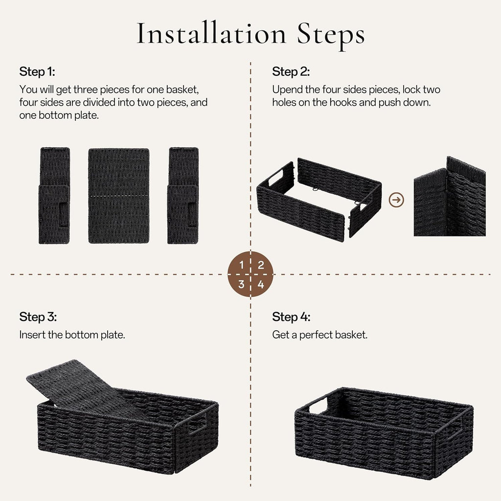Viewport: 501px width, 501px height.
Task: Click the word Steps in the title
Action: (x=331, y=35)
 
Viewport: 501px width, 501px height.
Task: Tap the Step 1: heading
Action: (x=37, y=71)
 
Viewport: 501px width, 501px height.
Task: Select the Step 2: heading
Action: (x=291, y=71)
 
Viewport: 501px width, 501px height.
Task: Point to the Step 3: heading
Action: (x=38, y=317)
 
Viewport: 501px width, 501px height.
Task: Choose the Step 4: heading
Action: (x=291, y=317)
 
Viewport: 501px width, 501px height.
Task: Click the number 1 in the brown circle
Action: (x=242, y=265)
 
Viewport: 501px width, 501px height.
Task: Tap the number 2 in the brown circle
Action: (x=261, y=265)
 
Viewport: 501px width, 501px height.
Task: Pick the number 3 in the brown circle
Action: (x=241, y=284)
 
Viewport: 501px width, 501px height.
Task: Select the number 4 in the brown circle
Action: (x=261, y=284)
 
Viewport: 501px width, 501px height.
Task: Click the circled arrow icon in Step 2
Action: (x=396, y=200)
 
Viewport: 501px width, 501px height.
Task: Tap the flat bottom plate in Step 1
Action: (x=119, y=196)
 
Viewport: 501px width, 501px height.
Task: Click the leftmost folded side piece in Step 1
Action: (x=54, y=196)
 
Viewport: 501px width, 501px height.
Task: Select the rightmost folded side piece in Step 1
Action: (x=183, y=196)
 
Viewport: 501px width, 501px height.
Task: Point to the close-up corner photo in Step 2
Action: (x=450, y=197)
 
